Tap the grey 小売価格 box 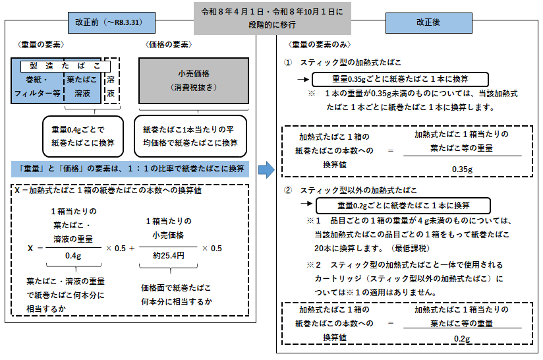(193, 80)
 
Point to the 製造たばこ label (65, 66)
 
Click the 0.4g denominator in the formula (72, 255)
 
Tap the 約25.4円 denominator (167, 255)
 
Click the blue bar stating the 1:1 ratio (129, 167)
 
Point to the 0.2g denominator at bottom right (461, 338)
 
